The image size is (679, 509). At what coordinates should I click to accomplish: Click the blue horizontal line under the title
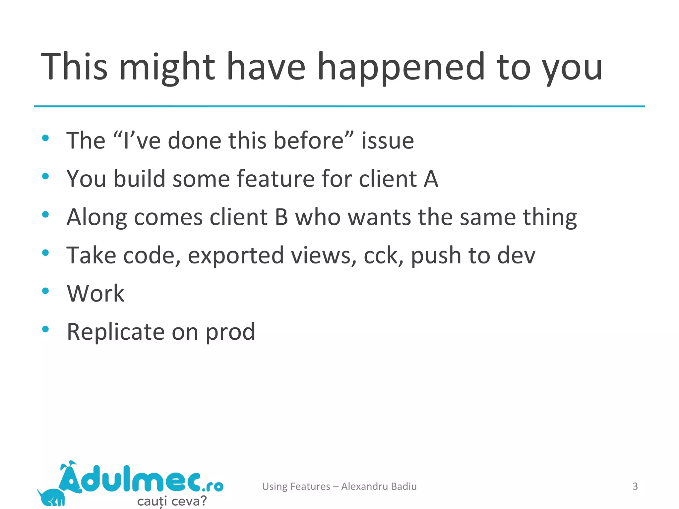(339, 106)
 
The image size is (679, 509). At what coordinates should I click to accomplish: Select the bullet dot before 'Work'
(46, 291)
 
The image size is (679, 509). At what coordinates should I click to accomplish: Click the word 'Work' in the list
(95, 294)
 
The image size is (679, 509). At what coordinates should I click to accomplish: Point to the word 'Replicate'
(116, 332)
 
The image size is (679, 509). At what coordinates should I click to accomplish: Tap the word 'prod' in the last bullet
(230, 332)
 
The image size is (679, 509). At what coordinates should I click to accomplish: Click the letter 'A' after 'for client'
(431, 179)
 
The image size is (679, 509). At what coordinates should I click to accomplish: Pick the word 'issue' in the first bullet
(388, 141)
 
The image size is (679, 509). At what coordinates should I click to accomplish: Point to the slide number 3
(635, 486)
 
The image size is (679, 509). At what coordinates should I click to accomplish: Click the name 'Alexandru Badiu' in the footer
(379, 486)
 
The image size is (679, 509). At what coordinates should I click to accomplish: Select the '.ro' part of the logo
(213, 486)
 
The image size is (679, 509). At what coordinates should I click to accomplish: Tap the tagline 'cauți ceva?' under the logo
(172, 501)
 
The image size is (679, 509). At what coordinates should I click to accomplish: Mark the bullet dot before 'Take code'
(46, 253)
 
